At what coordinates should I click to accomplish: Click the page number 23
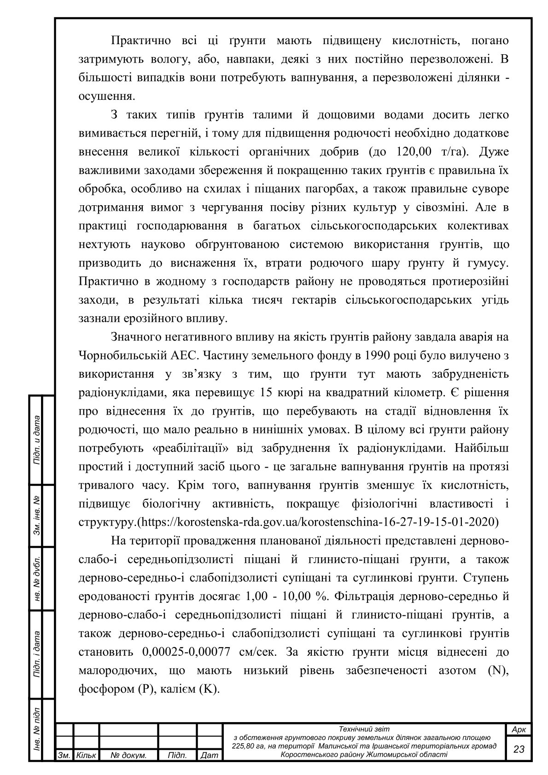coord(519,749)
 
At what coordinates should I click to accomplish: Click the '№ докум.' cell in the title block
coord(128,756)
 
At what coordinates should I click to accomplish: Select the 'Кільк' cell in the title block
coord(86,756)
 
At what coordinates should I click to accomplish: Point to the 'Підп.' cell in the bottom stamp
coord(177,756)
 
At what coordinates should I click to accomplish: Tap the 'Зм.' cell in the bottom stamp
coord(64,756)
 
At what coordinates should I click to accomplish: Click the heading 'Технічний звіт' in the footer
coord(364,729)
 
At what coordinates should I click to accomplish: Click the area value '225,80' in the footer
coord(245,746)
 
